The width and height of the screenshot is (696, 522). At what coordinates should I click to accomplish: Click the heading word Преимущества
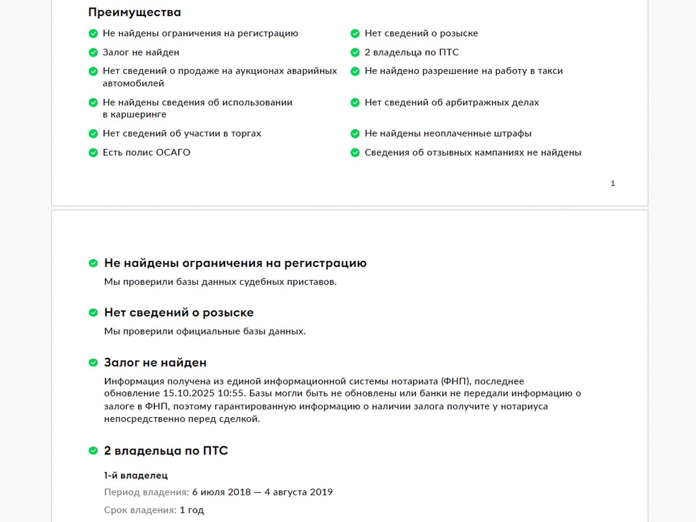click(134, 12)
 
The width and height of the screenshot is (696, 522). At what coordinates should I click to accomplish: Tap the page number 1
click(613, 183)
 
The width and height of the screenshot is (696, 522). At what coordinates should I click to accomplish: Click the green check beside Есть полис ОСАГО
click(93, 153)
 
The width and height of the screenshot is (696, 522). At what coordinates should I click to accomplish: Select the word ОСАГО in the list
click(173, 153)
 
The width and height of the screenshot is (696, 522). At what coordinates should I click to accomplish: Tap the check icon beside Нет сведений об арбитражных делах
click(355, 103)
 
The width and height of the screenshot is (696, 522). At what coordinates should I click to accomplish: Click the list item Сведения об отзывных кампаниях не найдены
click(473, 153)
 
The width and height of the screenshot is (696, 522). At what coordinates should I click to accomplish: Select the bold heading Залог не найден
click(155, 362)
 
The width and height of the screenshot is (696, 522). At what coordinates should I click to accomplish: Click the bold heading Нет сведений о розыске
click(179, 312)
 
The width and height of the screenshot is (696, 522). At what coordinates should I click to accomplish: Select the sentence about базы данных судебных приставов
click(220, 282)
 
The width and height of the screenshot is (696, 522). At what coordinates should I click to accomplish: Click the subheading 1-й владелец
click(136, 475)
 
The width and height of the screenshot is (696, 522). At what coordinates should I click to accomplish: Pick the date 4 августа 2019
click(298, 492)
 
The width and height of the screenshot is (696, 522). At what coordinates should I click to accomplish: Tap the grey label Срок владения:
click(140, 510)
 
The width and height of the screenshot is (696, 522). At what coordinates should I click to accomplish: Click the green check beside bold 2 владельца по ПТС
click(93, 451)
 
